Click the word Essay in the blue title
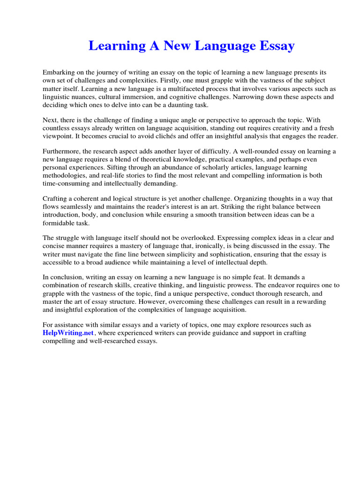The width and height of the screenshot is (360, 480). pos(276,46)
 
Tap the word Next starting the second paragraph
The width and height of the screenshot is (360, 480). pos(50,120)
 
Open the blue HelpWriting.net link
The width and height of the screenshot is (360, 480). pos(68,333)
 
